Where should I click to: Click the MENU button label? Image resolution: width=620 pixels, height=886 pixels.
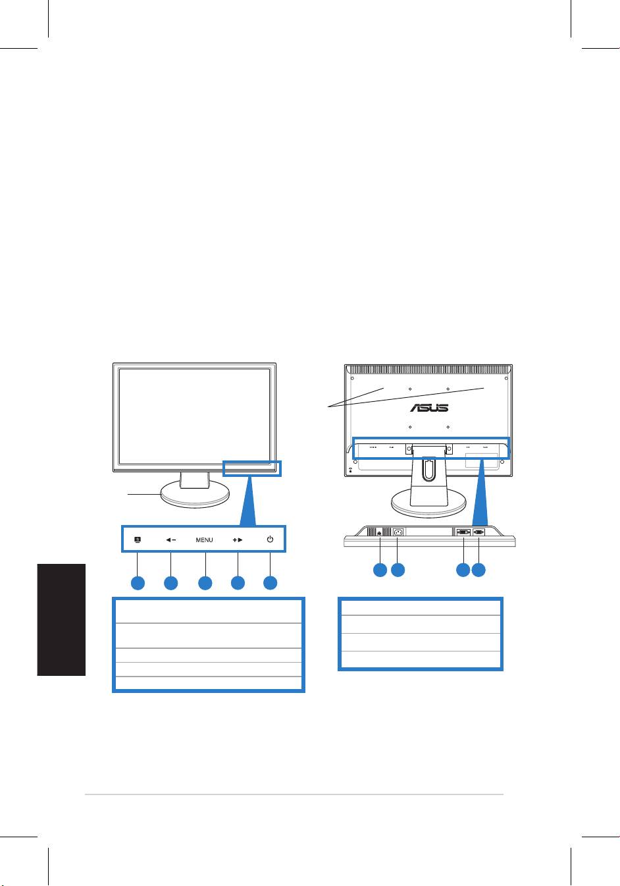coord(204,540)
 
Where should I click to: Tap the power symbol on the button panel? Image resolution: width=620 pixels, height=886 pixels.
coord(271,540)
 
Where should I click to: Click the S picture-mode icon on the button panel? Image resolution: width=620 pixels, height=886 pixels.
coord(138,540)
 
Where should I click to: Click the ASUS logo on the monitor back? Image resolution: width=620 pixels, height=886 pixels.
coord(430,408)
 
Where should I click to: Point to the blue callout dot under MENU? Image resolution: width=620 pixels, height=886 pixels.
coord(205,583)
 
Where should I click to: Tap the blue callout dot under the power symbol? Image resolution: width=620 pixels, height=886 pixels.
coord(271,583)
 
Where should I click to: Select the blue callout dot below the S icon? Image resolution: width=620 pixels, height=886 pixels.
coord(138,583)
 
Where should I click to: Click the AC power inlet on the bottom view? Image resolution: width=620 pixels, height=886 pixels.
coord(398,533)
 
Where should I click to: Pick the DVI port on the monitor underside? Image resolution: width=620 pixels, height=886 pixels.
coord(463,532)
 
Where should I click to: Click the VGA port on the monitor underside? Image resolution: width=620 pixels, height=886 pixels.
coord(479,532)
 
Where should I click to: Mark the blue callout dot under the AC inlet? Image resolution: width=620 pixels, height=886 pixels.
coord(398,570)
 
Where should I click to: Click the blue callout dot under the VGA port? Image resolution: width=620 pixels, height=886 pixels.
coord(479,570)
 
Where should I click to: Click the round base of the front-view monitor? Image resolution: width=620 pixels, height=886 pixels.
coord(194,496)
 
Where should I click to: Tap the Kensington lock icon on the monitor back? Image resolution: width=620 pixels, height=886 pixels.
coord(349,470)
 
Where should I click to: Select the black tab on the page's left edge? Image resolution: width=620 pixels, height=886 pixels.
coord(62,619)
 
